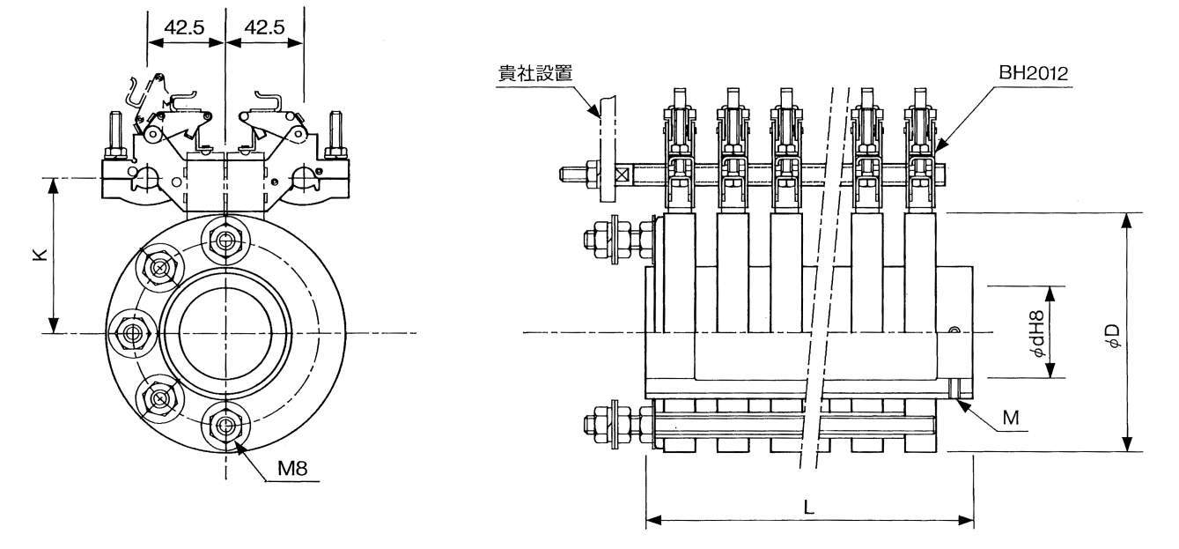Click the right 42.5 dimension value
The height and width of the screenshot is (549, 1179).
tap(264, 27)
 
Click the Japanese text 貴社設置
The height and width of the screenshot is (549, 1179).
tap(534, 73)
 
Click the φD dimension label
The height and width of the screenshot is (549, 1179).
tap(1114, 334)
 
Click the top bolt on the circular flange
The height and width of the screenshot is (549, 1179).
tap(225, 238)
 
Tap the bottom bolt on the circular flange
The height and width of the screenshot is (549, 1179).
tap(226, 427)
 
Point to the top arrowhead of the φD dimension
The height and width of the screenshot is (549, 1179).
tap(1125, 219)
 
